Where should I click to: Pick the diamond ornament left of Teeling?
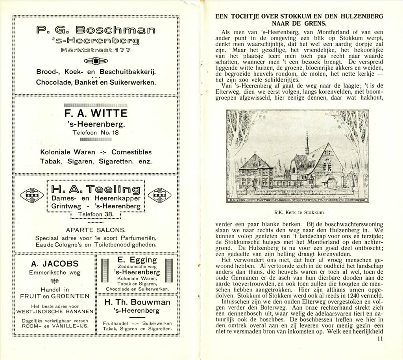pyautogui.click(x=33, y=194)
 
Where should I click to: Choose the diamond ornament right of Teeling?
pyautogui.click(x=159, y=194)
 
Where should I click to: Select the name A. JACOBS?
pyautogui.click(x=55, y=264)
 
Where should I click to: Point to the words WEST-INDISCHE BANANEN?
pyautogui.click(x=55, y=311)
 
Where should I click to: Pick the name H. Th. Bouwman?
pyautogui.click(x=137, y=302)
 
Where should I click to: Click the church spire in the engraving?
pyautogui.click(x=307, y=140)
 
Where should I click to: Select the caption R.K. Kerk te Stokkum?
pyautogui.click(x=298, y=212)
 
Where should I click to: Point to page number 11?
pyautogui.click(x=379, y=338)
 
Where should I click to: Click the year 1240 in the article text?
pyautogui.click(x=359, y=295)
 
